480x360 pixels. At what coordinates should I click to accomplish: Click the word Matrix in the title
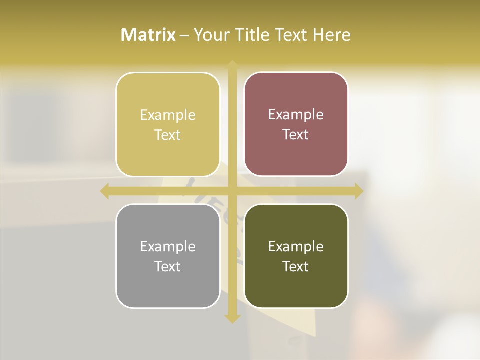(x=148, y=35)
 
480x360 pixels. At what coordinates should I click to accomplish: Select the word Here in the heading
(x=331, y=35)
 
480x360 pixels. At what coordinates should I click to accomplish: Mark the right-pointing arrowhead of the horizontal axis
(x=359, y=191)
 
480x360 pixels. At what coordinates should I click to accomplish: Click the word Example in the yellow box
(x=168, y=115)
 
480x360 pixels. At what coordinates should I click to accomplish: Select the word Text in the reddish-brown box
(x=296, y=135)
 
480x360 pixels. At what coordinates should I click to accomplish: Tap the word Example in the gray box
(x=168, y=247)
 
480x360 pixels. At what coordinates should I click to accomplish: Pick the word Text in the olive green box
(x=296, y=266)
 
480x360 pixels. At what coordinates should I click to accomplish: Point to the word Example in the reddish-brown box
(x=296, y=115)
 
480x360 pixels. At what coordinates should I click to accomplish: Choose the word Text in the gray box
(x=168, y=266)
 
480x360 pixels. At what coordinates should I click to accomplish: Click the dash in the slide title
(x=184, y=35)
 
